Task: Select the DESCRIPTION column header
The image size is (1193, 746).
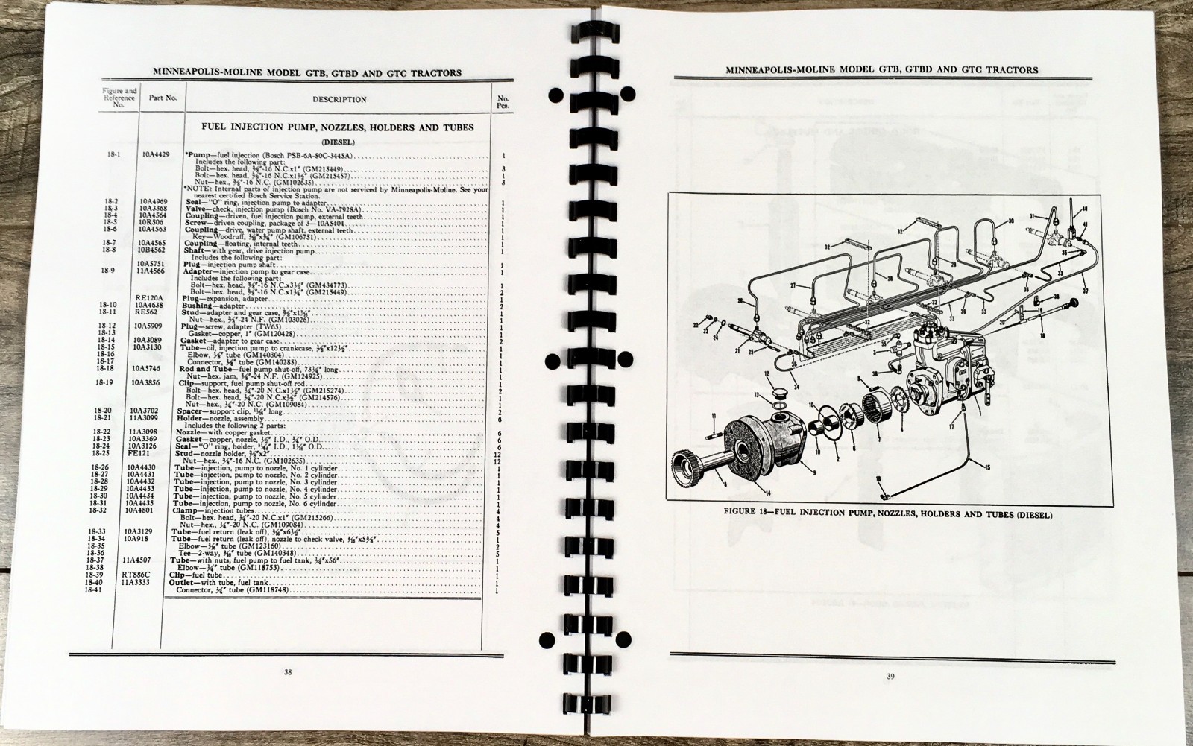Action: [339, 99]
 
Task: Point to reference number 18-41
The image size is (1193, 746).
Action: [93, 590]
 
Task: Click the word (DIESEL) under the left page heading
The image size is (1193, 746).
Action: [338, 141]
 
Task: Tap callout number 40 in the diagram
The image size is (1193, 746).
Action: [1085, 208]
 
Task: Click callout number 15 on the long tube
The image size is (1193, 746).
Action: [987, 468]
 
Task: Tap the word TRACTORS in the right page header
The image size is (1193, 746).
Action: [1011, 70]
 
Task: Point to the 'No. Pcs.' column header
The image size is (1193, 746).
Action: [503, 98]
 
